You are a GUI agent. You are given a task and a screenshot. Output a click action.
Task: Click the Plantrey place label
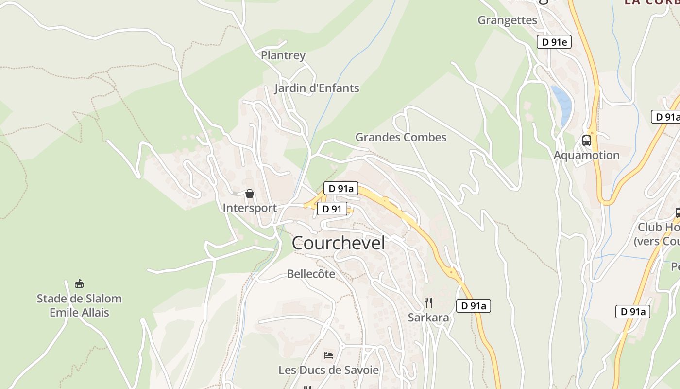[283, 55]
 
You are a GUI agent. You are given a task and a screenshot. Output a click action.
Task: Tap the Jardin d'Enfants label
[317, 88]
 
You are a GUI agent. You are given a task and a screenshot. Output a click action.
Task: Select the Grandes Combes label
[401, 137]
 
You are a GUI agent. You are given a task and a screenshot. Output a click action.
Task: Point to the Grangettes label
[508, 20]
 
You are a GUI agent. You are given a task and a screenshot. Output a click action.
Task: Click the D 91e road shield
[554, 42]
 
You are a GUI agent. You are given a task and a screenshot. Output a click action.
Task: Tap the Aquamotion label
[587, 155]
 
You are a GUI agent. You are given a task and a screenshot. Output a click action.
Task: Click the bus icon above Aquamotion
[587, 141]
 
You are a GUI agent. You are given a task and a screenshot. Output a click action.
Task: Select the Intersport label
[250, 208]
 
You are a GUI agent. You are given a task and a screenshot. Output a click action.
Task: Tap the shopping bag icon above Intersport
[250, 194]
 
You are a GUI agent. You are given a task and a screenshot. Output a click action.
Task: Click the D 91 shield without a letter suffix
[332, 209]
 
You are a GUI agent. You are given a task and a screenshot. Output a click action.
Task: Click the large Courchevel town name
[338, 243]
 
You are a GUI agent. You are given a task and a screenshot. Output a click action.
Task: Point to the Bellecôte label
[311, 274]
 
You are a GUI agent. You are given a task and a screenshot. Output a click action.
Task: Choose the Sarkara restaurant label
[428, 318]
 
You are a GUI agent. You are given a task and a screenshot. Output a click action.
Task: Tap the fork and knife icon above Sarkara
[428, 303]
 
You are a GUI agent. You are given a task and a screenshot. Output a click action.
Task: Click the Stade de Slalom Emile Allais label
[79, 305]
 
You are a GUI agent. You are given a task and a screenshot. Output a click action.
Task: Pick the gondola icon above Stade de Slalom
[79, 283]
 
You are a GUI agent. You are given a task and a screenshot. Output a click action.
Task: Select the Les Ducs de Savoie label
[328, 370]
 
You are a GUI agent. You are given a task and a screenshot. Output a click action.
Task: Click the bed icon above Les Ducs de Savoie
[328, 355]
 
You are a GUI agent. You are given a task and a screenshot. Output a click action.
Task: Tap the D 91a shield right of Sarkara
[474, 306]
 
